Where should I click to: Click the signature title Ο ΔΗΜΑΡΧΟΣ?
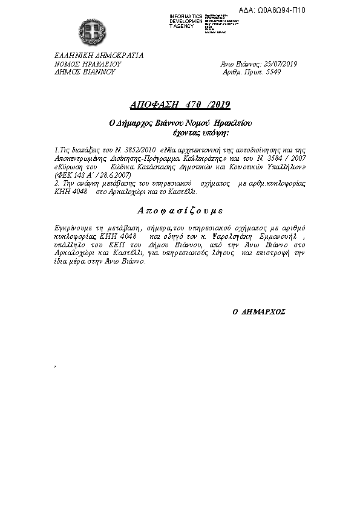click(259, 313)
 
